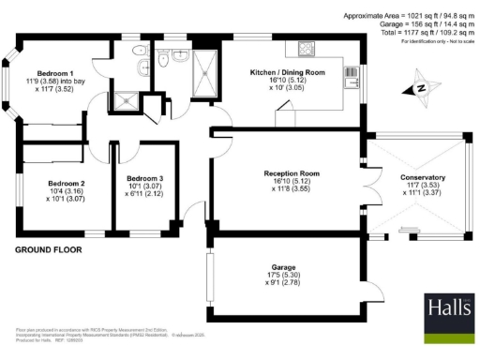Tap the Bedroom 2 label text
click(43, 183)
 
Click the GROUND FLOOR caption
click(48, 250)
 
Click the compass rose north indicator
click(421, 88)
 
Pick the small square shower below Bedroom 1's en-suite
click(123, 98)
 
